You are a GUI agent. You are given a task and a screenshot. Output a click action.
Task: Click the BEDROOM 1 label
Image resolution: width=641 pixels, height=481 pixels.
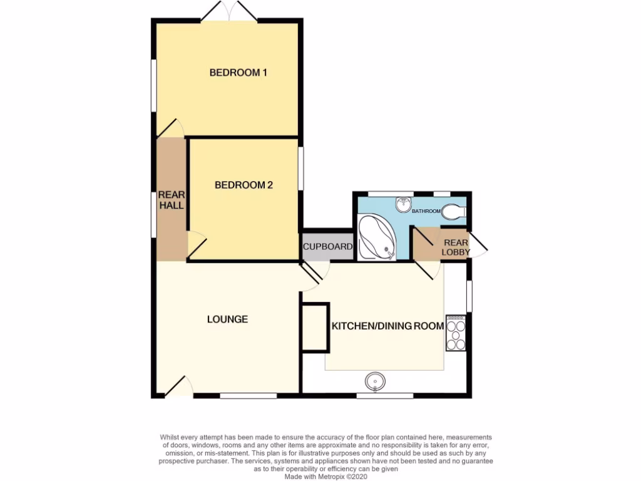(238, 73)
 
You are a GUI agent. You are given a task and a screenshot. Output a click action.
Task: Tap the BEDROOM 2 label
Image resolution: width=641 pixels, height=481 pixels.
(244, 185)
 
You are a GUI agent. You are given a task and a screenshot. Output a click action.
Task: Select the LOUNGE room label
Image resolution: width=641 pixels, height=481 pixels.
(227, 319)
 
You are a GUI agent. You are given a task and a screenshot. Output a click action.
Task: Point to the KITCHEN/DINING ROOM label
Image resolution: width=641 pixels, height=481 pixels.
(387, 326)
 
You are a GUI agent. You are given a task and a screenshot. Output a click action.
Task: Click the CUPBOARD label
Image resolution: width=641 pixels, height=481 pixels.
(328, 247)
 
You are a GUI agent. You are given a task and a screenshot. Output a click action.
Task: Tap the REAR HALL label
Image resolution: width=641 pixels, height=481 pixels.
(171, 200)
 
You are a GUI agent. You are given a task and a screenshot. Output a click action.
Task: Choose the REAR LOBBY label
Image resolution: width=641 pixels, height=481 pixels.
(456, 247)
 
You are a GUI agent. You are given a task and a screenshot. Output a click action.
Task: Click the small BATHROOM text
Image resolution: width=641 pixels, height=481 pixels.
(426, 212)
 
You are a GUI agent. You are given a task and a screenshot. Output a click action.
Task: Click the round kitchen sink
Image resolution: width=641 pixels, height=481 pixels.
(375, 381)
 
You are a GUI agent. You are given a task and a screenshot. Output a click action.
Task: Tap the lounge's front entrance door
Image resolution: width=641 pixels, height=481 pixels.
(178, 386)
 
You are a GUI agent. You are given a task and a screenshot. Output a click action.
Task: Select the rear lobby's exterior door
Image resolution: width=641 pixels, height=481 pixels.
(479, 246)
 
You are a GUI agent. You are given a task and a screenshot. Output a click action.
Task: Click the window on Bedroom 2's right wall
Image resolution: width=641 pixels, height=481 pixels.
(300, 167)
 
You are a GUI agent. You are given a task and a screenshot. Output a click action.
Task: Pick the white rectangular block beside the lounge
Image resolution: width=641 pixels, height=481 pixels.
(315, 326)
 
